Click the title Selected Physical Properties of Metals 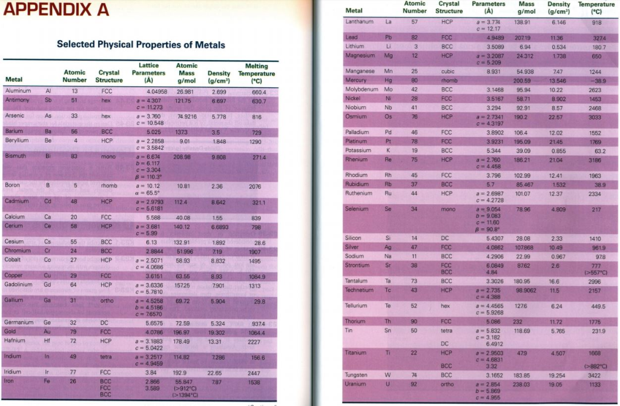pos(140,45)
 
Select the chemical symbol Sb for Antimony pos(48,99)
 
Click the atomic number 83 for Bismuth pos(74,156)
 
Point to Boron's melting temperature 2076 pos(255,187)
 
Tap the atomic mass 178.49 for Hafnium pos(182,341)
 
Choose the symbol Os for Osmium pos(389,116)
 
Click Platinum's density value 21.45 pos(556,141)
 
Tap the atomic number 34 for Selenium pos(415,208)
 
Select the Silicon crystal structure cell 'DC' pos(445,238)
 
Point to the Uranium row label pos(355,384)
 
